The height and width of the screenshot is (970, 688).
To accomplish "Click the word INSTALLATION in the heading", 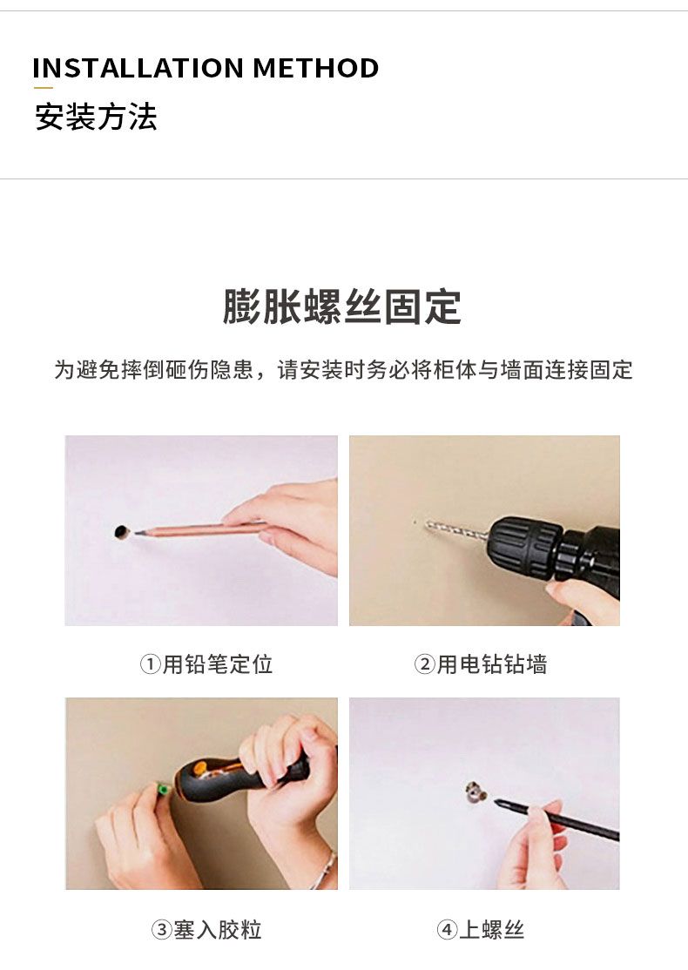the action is (138, 68).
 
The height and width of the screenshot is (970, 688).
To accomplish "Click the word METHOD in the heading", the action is (316, 68).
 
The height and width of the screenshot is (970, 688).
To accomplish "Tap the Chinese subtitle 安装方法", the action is (96, 117).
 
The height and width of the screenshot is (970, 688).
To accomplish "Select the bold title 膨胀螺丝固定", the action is (342, 306).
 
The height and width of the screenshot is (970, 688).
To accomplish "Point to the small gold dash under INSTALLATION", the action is (43, 88).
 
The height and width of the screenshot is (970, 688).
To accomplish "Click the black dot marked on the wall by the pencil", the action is (123, 531).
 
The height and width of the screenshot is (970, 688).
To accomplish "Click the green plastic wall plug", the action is (164, 790).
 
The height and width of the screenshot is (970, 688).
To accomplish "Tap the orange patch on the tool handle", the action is (199, 770).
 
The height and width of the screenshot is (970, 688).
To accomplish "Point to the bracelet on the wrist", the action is (326, 870).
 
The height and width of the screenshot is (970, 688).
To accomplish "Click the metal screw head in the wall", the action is (476, 791).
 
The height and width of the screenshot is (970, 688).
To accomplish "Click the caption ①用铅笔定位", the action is (206, 664).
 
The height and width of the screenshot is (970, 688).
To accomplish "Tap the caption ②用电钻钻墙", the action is (480, 664).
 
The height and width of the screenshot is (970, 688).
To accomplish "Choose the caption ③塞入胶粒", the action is (206, 929).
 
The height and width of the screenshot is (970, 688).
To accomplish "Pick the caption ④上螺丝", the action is (480, 929).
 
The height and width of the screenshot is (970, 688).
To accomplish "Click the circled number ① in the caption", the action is (151, 665).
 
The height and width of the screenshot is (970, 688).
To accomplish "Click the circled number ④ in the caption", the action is (447, 930).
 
